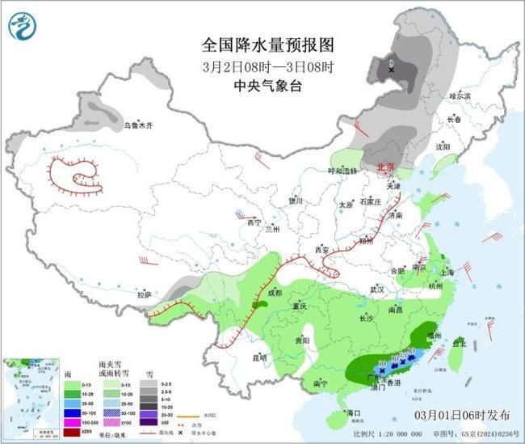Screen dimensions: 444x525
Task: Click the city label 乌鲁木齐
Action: click(138, 126)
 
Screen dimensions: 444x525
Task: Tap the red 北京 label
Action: click(387, 167)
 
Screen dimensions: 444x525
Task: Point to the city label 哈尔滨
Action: click(459, 95)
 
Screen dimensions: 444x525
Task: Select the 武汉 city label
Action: click(376, 290)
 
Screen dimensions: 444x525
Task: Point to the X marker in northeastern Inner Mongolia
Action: click(392, 70)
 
